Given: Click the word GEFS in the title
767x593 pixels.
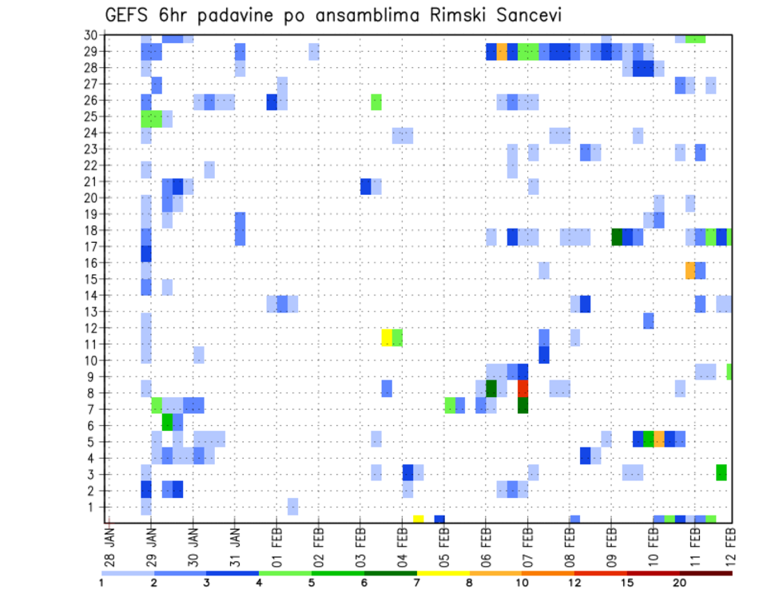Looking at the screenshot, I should [129, 16].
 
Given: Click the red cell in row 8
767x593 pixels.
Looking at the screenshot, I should [523, 388].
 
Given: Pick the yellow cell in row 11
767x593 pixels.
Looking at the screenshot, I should [387, 337].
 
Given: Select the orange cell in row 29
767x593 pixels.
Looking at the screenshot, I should [502, 52].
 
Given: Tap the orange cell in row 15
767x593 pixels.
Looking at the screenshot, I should [690, 270].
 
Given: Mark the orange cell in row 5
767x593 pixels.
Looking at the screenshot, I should [659, 438].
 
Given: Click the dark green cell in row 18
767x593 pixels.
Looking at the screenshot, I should [617, 237].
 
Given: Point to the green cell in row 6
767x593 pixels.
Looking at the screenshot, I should [167, 421].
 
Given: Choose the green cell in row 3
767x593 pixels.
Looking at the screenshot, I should [721, 472].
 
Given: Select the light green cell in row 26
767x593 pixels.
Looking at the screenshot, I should [376, 101].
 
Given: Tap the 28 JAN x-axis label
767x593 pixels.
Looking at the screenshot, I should [109, 541].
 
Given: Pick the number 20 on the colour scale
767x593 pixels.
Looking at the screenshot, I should [680, 583].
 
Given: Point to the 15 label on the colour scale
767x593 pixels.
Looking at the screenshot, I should [627, 583].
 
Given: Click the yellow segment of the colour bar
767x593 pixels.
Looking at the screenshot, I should [443, 573].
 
